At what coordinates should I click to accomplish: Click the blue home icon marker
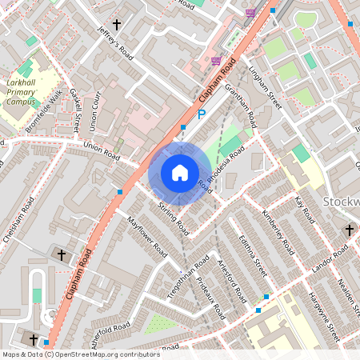click(180, 173)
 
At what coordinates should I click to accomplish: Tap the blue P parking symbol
click(202, 115)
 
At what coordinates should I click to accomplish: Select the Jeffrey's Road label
click(114, 43)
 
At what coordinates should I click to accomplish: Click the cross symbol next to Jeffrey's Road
click(117, 25)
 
